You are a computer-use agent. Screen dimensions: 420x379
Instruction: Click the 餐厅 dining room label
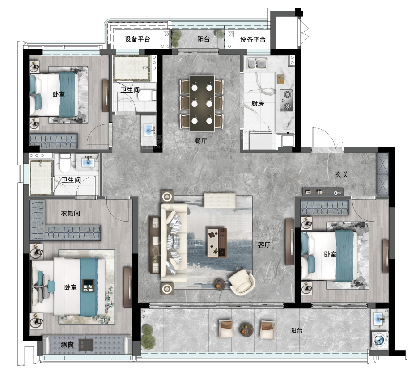coord(201,140)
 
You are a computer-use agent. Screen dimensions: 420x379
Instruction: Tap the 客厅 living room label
coord(264,244)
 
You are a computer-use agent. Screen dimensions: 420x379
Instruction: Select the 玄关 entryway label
coord(342,175)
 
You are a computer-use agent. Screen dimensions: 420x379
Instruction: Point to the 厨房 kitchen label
coord(258,103)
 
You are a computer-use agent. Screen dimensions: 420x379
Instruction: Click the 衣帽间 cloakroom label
coord(70,213)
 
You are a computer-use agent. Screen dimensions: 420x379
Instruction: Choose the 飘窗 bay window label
coord(67,345)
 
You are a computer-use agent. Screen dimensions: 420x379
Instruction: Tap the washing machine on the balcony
coord(380,341)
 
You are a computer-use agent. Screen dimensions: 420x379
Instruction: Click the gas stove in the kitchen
coord(286,101)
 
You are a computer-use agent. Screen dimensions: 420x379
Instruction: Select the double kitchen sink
coord(257,64)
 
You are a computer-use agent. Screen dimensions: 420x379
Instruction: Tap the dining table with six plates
coord(202,103)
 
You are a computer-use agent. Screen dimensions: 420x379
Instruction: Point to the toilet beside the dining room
coord(147,96)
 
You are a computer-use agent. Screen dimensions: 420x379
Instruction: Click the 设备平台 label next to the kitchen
coord(253,40)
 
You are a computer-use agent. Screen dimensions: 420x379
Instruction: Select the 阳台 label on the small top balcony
coord(204,39)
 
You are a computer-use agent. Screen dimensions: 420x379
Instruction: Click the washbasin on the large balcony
coord(380,318)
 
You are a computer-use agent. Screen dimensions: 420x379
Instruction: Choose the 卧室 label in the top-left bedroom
coord(59,94)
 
